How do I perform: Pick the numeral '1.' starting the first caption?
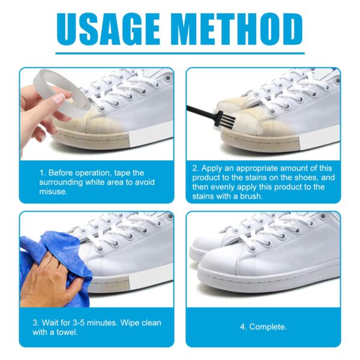click(x=43, y=172)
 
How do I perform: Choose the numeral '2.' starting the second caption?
click(x=196, y=168)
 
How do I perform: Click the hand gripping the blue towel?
click(x=51, y=282)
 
